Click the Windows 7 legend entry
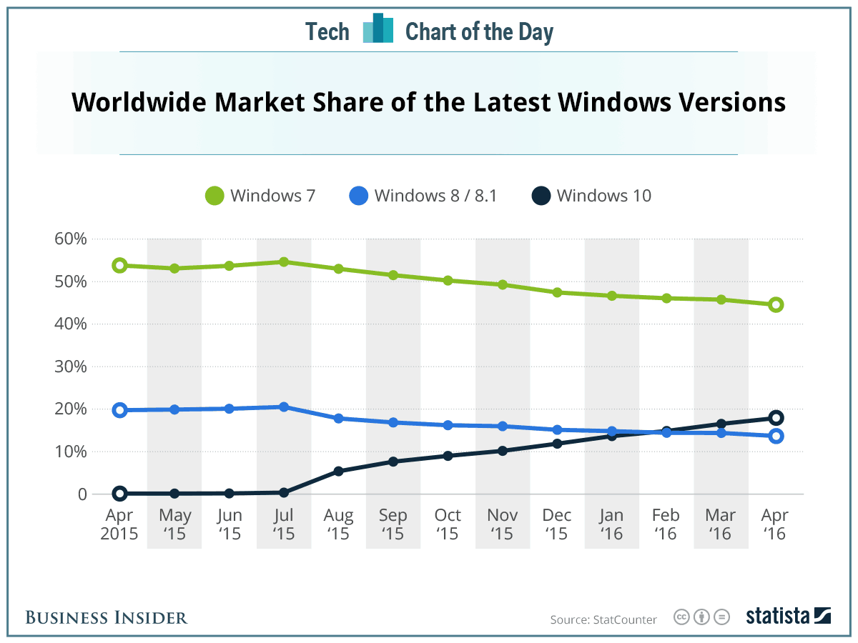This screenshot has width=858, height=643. pos(260,195)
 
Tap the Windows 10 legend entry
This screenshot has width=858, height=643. pos(592,195)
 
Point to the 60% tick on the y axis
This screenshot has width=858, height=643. pos(70,239)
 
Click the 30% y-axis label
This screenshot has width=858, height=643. pos(70,367)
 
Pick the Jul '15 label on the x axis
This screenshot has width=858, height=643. pos(284,524)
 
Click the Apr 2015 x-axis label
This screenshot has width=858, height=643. pos(119,524)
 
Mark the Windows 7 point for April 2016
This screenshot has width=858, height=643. pos(776,305)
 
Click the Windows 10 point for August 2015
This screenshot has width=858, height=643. pos(338,472)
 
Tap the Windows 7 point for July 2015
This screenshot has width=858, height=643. pos(284,262)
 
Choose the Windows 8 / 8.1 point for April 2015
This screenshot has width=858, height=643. pos(119,410)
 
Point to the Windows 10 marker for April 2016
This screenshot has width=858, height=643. pos(776,418)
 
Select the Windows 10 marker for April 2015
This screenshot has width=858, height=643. pos(119,494)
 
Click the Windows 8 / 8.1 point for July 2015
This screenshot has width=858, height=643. pos(284,407)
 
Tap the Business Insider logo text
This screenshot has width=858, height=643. pos(107,617)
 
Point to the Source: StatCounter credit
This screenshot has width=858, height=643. pos(603,619)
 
